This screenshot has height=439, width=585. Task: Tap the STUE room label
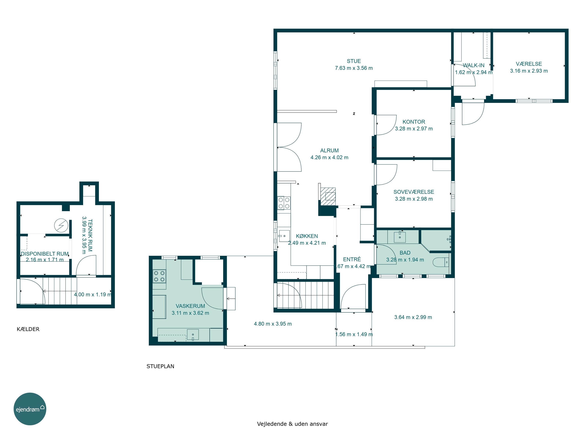coord(354,61)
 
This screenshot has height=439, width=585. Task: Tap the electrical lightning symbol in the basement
coord(61,226)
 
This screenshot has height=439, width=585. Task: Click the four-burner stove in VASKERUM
coord(159,276)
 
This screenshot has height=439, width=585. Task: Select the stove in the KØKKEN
coord(284,203)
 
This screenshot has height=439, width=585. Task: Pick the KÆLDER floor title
coord(28,329)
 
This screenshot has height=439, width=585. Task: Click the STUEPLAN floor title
coord(160,366)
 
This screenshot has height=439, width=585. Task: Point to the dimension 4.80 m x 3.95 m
coord(273,324)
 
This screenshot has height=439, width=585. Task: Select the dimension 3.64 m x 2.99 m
coord(413,317)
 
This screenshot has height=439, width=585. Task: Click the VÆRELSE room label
coord(529,64)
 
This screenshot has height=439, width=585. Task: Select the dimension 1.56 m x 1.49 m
coord(354,334)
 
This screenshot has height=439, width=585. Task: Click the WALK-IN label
coord(474,65)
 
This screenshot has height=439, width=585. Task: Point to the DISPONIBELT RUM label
coord(45,254)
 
